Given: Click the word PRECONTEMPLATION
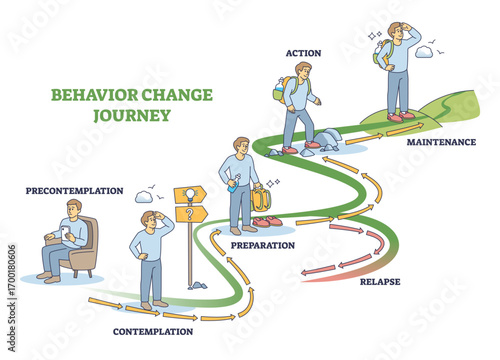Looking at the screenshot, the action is pyautogui.click(x=75, y=190).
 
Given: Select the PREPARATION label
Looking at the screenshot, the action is pyautogui.click(x=262, y=245).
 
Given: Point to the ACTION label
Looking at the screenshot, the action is pyautogui.click(x=303, y=53).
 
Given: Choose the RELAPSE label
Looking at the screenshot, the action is pyautogui.click(x=380, y=282).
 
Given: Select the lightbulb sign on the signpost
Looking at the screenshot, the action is pyautogui.click(x=189, y=195).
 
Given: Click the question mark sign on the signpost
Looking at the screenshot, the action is pyautogui.click(x=189, y=213).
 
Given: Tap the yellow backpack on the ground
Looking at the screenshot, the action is pyautogui.click(x=262, y=200).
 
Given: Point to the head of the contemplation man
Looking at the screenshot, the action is pyautogui.click(x=150, y=219).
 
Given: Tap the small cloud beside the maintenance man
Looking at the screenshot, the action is pyautogui.click(x=424, y=52).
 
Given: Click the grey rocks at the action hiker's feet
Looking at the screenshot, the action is pyautogui.click(x=328, y=139).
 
